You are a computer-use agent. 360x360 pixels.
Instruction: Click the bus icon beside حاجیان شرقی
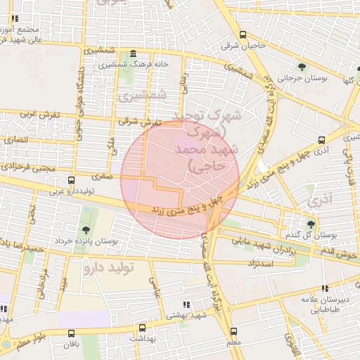pyautogui.click(x=243, y=35)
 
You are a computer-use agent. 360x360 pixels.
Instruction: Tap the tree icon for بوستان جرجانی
pyautogui.click(x=302, y=67)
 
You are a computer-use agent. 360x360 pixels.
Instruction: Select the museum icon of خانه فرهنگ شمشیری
pyautogui.click(x=133, y=54)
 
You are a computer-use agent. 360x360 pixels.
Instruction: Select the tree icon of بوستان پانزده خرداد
pyautogui.click(x=85, y=230)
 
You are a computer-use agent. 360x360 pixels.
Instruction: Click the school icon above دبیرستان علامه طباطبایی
pyautogui.click(x=324, y=288)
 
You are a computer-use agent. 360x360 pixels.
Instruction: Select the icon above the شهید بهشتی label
pyautogui.click(x=186, y=304)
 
